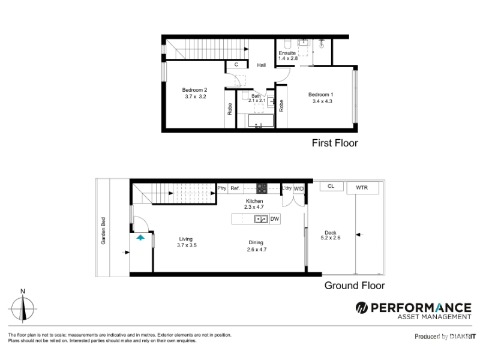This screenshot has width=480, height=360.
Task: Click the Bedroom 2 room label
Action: (x=194, y=90)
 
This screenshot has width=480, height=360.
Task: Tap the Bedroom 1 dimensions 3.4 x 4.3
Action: (x=322, y=101)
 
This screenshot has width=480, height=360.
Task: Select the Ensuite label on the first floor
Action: (x=287, y=53)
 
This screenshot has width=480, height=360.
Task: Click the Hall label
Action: (x=261, y=65)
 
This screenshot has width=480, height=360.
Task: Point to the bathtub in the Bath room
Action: (x=260, y=121)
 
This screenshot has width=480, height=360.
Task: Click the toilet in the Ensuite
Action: (x=287, y=44)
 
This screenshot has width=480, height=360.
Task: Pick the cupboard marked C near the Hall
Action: (x=236, y=65)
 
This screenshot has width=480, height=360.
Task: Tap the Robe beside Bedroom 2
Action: (x=230, y=109)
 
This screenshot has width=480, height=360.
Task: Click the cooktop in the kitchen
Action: (x=262, y=188)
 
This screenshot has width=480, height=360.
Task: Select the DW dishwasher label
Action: (x=275, y=219)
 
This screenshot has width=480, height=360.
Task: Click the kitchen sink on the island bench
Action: (x=261, y=219)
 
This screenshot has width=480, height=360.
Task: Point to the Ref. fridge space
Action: (x=235, y=188)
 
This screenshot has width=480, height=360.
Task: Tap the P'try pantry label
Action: (x=222, y=188)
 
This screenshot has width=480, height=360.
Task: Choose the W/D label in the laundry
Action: (x=298, y=189)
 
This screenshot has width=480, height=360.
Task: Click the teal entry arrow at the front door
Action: (x=140, y=237)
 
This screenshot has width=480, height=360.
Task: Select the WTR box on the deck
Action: (x=362, y=188)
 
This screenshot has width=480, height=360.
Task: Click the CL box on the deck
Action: (x=332, y=186)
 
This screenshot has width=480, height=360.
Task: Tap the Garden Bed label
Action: (x=103, y=231)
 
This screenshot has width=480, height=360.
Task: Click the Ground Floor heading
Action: (x=355, y=286)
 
